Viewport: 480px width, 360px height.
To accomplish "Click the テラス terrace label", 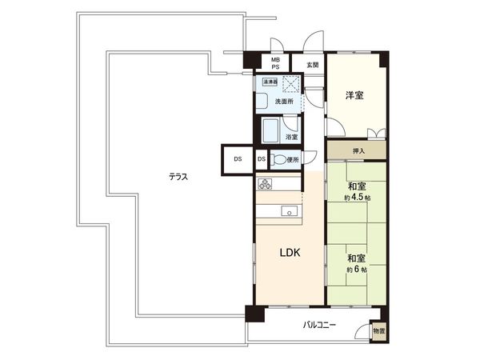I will pos(178,177).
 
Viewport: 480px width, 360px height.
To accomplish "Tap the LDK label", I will pos(290,254).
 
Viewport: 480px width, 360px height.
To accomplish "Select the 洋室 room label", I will pos(355,96).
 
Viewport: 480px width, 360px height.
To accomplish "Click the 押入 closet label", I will pos(358,150).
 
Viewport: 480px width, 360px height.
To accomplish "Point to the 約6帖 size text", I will pos(357,270).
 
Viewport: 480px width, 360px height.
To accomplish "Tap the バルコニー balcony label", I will pos(319,326).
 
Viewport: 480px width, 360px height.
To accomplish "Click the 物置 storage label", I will pos(378,330).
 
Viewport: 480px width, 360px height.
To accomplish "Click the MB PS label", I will pos(275,64).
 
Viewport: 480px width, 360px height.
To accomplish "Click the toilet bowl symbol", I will pos(278,160).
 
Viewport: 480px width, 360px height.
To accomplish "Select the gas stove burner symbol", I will pos(266,183).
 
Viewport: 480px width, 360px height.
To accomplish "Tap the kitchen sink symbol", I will pos(289,211).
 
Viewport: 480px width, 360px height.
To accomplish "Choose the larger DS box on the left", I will pos(238,159).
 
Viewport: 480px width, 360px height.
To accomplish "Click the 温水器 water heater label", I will pos(266,82).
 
